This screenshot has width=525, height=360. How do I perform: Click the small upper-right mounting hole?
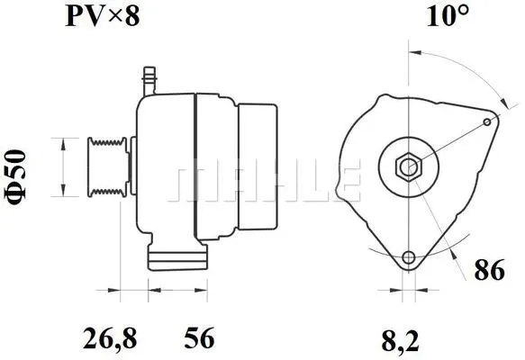pos(487,121)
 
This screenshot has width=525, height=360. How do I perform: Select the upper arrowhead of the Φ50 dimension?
pos(62,143)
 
